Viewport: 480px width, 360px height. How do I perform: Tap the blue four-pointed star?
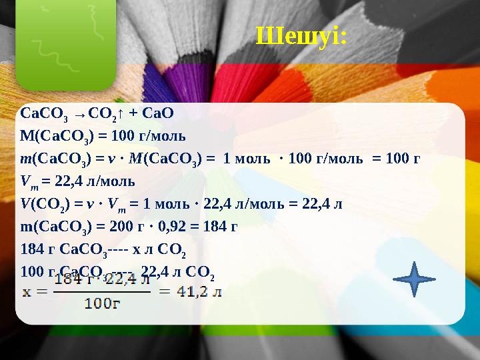pos(414,278)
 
